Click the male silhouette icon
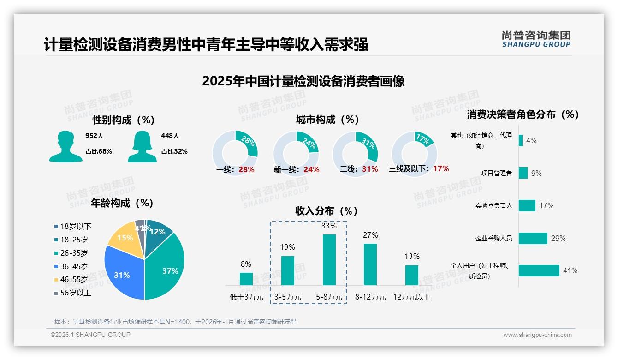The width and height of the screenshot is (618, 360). [65, 146]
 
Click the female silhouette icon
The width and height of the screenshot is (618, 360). [142, 146]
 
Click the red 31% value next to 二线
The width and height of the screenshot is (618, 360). [370, 169]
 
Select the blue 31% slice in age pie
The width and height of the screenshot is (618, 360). [122, 275]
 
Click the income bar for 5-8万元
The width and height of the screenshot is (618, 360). [329, 260]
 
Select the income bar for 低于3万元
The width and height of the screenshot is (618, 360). [246, 279]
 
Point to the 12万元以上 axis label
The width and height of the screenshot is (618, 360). [411, 297]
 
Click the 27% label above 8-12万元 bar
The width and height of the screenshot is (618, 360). [370, 235]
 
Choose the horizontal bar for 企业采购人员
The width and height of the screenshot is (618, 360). [533, 238]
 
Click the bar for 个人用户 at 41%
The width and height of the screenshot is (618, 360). [539, 270]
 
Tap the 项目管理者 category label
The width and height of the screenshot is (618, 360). [496, 173]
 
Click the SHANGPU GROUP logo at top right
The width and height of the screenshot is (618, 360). [536, 39]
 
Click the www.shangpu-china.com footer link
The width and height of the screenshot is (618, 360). [537, 335]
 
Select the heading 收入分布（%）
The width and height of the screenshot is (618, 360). [327, 211]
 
